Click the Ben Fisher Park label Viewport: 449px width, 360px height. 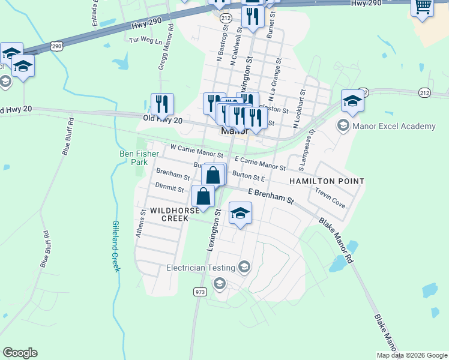[x=139, y=158]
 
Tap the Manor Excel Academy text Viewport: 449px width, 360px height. [x=394, y=126]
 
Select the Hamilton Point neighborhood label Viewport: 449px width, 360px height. [x=327, y=181]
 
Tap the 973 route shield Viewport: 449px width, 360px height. [x=200, y=292]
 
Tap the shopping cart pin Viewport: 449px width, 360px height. [x=423, y=7]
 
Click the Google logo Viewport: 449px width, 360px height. [x=20, y=353]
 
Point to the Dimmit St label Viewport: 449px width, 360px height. [x=169, y=188]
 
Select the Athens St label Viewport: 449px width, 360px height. [x=141, y=223]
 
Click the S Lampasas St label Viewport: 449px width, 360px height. [x=308, y=148]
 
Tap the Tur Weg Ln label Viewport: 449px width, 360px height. [x=146, y=41]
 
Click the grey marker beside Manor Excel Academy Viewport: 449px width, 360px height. [x=343, y=125]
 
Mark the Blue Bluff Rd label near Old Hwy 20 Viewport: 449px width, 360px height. [x=67, y=137]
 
